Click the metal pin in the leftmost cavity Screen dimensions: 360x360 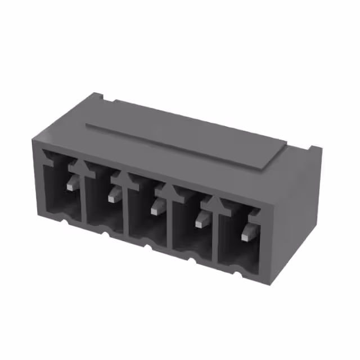70,183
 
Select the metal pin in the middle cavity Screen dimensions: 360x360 156,209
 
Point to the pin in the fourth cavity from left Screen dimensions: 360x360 201,221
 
